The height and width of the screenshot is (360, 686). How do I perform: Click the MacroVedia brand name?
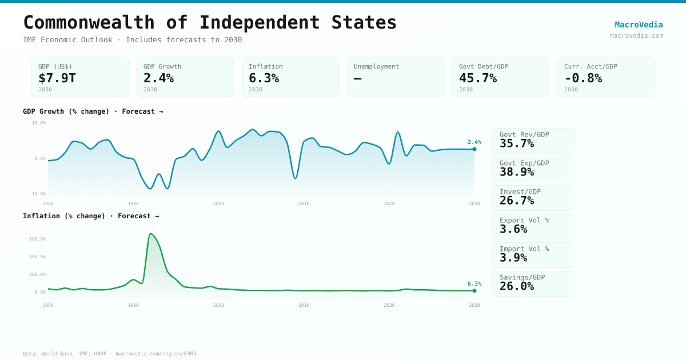pos(639,25)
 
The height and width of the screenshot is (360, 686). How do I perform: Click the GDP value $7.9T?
pos(57,78)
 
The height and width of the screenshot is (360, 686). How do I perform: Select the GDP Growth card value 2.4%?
pos(158,78)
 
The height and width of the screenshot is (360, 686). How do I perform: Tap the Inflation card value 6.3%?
pos(264,78)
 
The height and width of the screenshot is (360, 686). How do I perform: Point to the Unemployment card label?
pos(376,66)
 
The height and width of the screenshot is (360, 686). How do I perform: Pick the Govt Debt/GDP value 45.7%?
pos(478,78)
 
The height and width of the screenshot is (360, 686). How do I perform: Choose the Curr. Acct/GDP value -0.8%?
pos(583,78)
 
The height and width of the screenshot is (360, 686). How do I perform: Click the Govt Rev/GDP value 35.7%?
pos(517,143)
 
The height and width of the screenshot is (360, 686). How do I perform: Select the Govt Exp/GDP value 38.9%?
pos(517,172)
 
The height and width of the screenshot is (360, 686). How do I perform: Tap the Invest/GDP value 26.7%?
pos(517,201)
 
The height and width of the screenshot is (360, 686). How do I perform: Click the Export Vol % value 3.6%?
pos(513,229)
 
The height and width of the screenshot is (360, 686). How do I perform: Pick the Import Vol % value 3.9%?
pos(513,258)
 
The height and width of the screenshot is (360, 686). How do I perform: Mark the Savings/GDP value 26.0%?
pos(517,286)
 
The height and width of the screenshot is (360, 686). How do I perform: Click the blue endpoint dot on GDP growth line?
pos(474,149)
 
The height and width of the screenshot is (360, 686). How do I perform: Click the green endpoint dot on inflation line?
pos(474,290)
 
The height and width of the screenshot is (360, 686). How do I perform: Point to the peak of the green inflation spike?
pos(150,234)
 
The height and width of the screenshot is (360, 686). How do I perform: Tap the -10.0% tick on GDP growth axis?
pos(38,194)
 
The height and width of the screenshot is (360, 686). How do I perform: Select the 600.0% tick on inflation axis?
pos(38,239)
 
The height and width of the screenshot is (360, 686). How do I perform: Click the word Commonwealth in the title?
pos(89,22)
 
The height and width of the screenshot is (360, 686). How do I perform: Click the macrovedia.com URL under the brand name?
pos(636,35)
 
